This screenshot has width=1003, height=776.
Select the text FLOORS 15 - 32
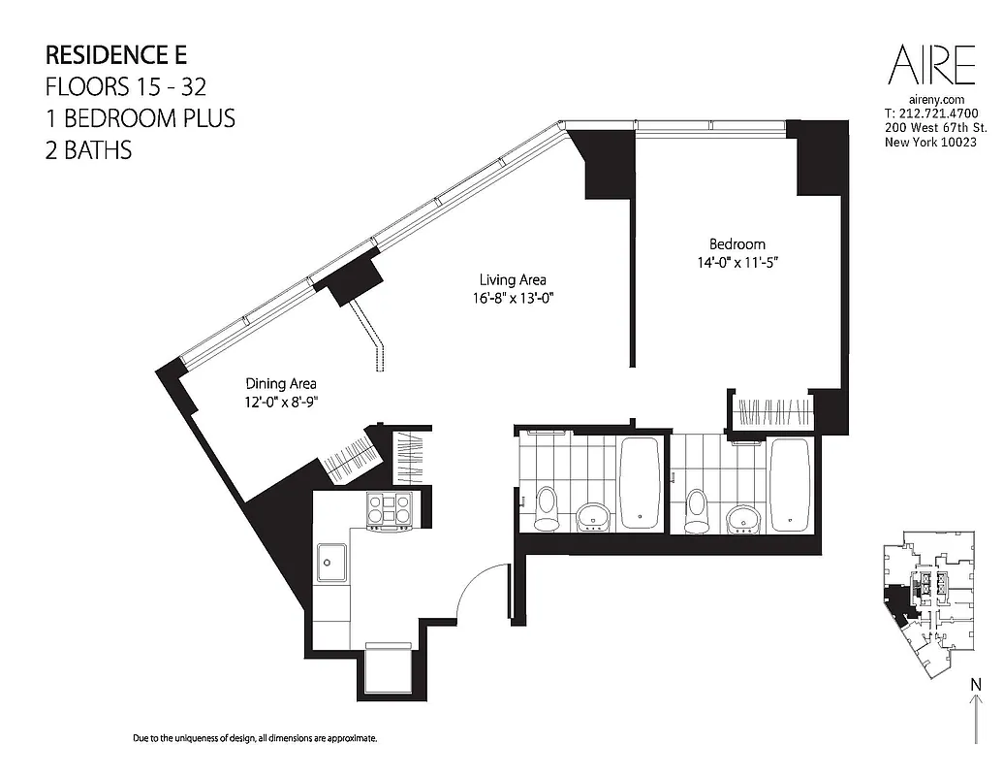pos(125,86)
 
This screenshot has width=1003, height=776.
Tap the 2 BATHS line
pos(88,150)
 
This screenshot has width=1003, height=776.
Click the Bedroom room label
pos(737,244)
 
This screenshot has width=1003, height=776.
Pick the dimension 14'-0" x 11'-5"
pos(737,262)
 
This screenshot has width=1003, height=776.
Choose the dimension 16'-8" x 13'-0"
pos(513,299)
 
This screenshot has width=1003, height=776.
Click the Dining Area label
pos(281,383)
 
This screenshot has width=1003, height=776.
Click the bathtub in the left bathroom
pos(639,482)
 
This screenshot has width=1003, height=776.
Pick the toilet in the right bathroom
pos(697,510)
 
